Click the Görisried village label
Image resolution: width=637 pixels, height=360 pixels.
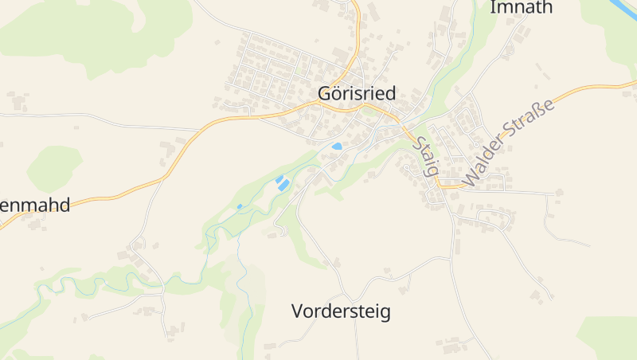[357, 92]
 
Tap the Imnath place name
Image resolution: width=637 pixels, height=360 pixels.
[522, 8]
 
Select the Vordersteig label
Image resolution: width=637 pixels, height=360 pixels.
[341, 311]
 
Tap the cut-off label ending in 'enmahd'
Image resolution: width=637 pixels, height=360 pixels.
[35, 205]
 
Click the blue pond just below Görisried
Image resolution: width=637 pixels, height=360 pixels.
[337, 147]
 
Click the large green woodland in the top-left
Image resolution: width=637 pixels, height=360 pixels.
[96, 32]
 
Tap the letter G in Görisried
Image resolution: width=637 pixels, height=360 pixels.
[325, 92]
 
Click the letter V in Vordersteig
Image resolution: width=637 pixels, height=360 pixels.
[298, 311]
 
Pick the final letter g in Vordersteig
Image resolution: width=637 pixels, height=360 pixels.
[385, 313]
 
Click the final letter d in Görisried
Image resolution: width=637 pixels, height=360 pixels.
[390, 92]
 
